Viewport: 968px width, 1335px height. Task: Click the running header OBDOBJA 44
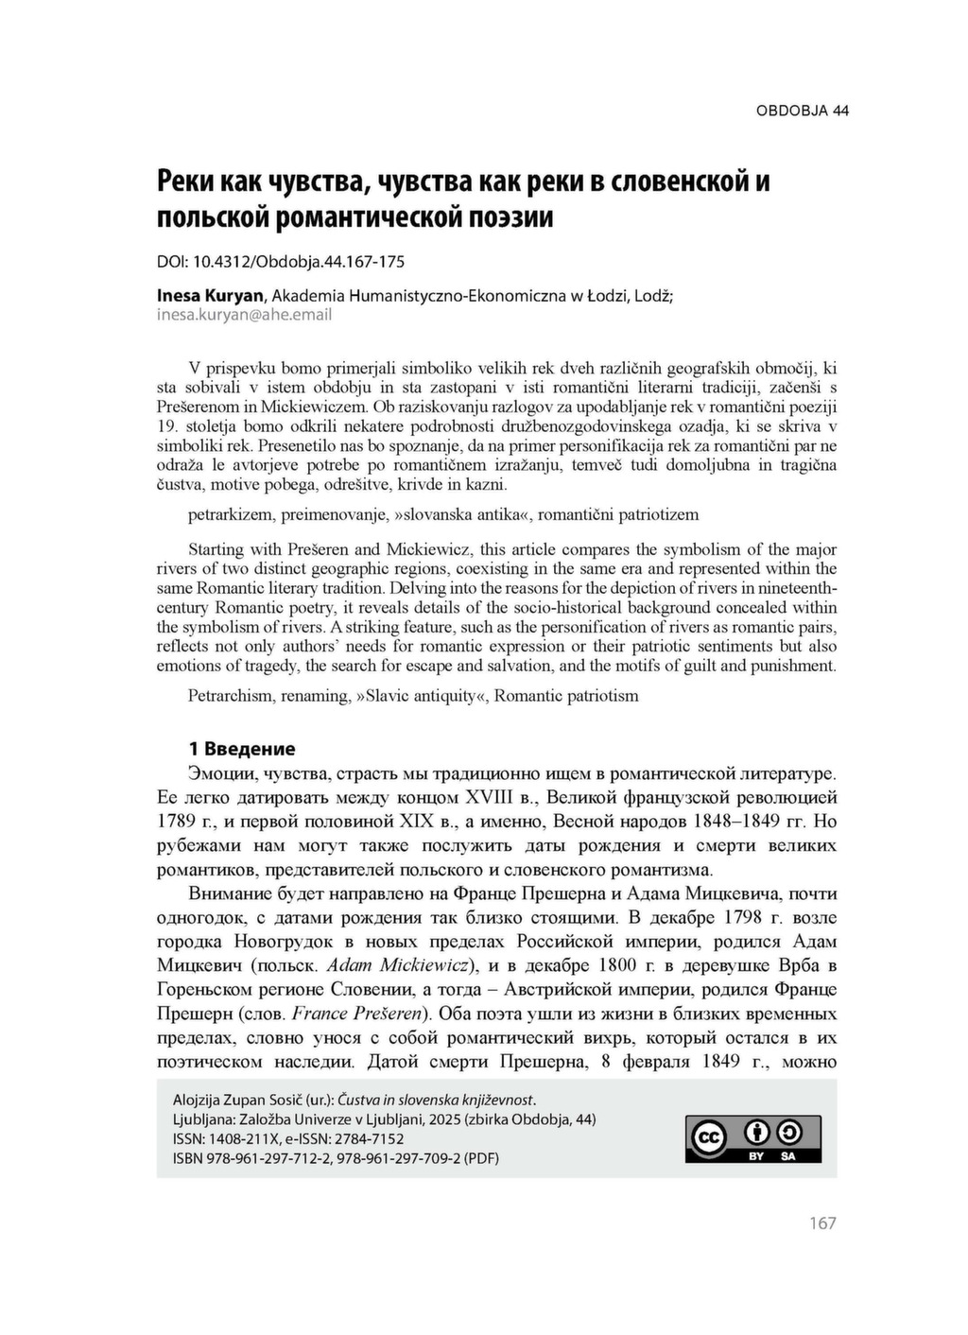[802, 111]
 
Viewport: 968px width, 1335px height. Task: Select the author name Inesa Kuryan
[210, 295]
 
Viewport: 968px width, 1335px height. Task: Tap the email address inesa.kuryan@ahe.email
[244, 315]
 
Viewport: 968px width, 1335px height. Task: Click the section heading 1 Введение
[241, 749]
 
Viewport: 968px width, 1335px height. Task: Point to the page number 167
[822, 1223]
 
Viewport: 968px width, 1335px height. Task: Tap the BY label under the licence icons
[756, 1156]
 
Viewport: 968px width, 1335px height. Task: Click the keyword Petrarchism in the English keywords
[228, 696]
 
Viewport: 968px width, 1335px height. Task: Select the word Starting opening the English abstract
[216, 549]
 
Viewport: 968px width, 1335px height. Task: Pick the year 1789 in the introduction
[177, 821]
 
